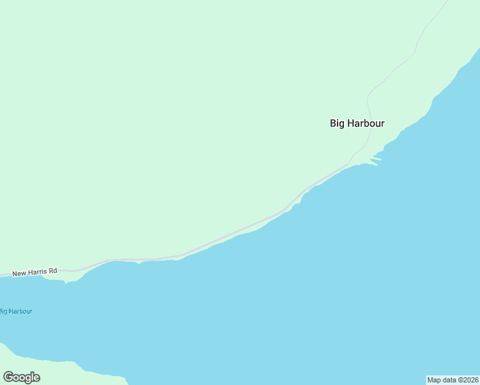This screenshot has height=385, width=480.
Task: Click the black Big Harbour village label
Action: [x=357, y=123]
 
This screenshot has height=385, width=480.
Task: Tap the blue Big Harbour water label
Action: [x=15, y=311]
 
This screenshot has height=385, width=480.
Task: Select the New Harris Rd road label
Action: [x=35, y=272]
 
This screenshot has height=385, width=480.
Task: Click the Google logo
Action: [x=21, y=377]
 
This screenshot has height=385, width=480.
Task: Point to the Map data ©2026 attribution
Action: [x=453, y=380]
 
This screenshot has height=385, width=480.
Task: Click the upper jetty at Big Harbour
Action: [x=376, y=158]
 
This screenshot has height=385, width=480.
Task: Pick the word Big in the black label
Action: [x=338, y=123]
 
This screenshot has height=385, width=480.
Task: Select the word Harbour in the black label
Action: [x=366, y=123]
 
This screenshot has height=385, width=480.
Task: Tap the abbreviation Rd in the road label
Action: [x=53, y=271]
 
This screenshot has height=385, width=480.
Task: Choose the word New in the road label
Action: [x=19, y=273]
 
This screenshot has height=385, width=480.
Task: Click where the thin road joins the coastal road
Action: [x=350, y=163]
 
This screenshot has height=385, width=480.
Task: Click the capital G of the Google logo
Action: [x=8, y=377]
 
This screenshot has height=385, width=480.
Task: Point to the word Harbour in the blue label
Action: [x=21, y=311]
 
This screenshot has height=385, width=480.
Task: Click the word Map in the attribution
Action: [x=434, y=380]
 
